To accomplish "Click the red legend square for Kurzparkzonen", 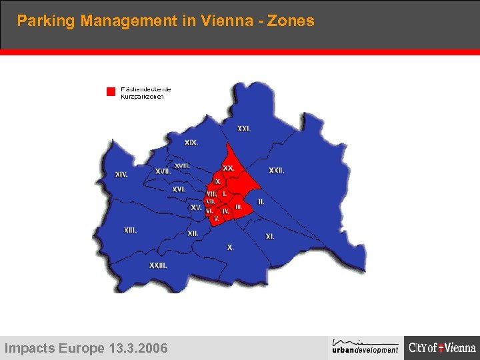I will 111,92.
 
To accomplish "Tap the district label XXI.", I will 244,129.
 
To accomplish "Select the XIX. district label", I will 191,143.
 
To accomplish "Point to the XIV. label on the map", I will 121,175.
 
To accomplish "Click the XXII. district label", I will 277,171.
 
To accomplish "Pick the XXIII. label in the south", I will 158,265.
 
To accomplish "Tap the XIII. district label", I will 131,230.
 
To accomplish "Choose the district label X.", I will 231,247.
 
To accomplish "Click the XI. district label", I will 270,237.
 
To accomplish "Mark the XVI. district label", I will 179,189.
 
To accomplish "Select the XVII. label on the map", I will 163,171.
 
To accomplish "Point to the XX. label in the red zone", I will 229,169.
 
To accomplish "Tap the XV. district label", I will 196,207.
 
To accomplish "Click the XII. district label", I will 193,233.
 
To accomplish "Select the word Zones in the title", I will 291,21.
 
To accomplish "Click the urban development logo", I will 365,347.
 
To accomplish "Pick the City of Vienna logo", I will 442,347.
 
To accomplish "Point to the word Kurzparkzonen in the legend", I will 142,97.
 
